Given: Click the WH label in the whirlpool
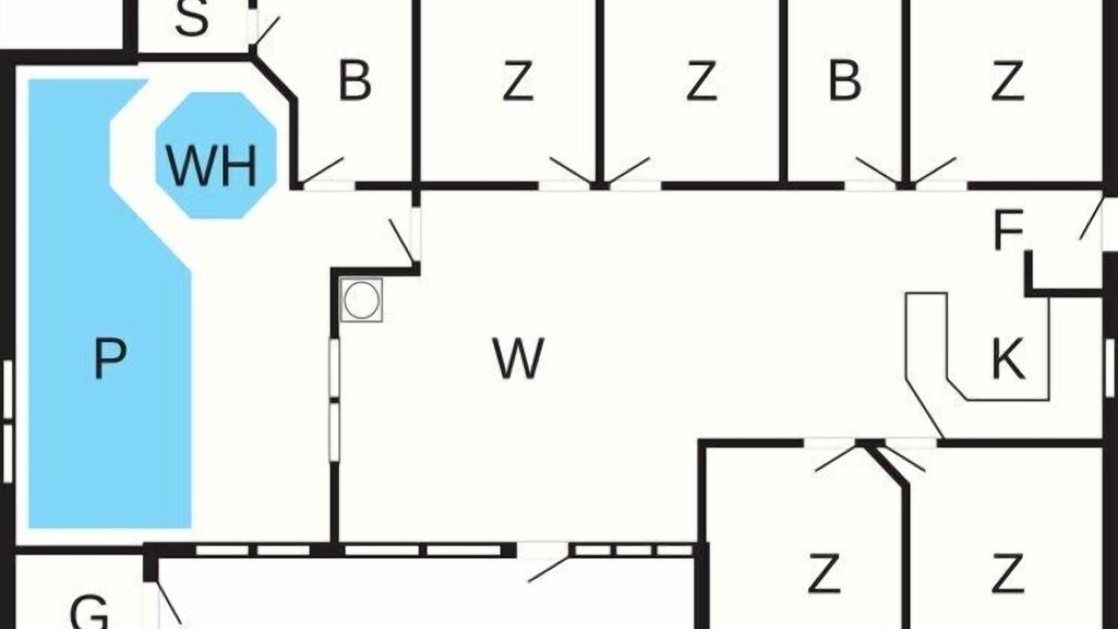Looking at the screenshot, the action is coord(212,165).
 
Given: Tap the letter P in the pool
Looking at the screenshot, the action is coord(110,358).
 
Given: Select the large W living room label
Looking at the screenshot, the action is coord(518,358).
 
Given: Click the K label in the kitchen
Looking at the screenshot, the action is coord(1008,358).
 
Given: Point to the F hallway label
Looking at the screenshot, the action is coord(1009,229).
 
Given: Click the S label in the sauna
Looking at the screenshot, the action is coord(192,17).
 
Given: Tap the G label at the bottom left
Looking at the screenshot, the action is coord(89,612).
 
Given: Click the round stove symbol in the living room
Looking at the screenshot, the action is coord(362,300).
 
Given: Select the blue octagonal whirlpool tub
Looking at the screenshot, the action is coord(216,155).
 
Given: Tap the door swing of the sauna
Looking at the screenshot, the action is coord(264,31).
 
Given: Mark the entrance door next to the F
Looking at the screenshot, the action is coord(1091,219).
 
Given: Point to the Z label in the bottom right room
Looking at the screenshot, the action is coord(1008,572).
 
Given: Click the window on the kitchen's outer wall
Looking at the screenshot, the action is coord(1109,368).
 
